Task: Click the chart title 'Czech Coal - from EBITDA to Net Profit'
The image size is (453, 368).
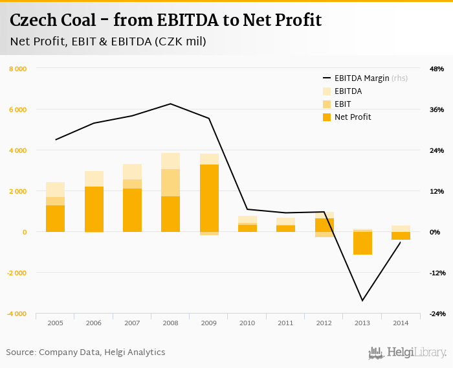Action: click(166, 21)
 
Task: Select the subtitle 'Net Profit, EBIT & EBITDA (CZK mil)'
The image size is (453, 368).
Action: click(108, 41)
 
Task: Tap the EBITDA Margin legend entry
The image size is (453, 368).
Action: click(361, 78)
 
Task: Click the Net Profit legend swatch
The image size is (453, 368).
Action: click(327, 117)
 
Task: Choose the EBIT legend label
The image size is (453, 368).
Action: click(343, 104)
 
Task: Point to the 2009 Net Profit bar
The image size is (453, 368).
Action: click(209, 198)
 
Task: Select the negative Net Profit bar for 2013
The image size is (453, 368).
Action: click(362, 243)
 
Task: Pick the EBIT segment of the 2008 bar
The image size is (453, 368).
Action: click(171, 183)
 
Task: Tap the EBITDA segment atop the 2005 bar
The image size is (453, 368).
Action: click(55, 189)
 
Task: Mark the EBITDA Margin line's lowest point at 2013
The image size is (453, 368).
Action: click(362, 301)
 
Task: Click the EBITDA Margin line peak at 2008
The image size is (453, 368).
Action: click(171, 104)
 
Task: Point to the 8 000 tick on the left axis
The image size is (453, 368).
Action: click(17, 69)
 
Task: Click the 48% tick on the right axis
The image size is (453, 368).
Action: click(436, 69)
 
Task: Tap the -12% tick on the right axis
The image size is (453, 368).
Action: click(436, 273)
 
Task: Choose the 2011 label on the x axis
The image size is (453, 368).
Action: click(285, 322)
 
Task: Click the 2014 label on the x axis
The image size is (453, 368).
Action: click(401, 322)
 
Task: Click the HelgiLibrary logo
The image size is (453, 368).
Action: click(408, 352)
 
